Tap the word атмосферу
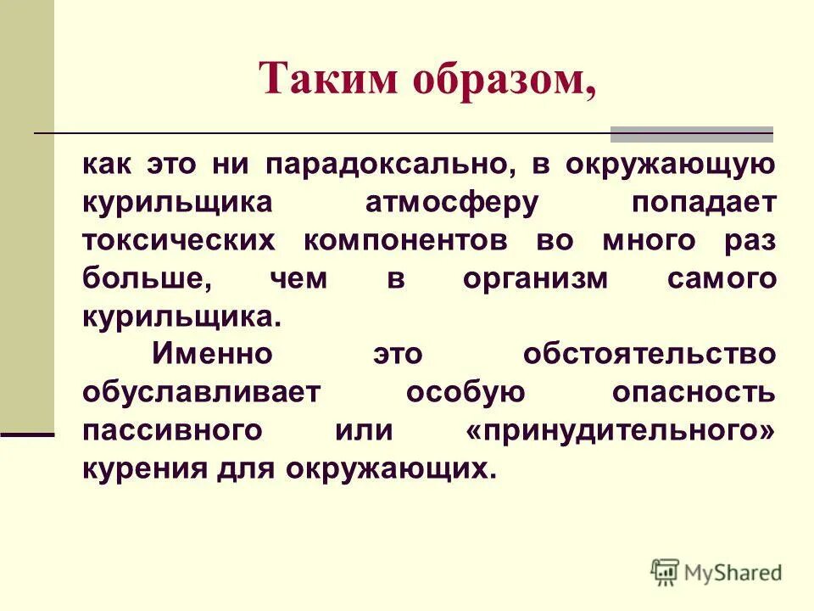coord(451,203)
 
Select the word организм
coord(535,278)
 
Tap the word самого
coord(722,278)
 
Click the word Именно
coord(213,354)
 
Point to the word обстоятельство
coord(649,354)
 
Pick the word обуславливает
coord(202,393)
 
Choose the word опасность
coord(694,392)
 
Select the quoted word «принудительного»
coord(621,430)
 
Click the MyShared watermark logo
coord(716,572)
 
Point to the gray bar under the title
coord(692,133)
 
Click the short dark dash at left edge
coord(27,434)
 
